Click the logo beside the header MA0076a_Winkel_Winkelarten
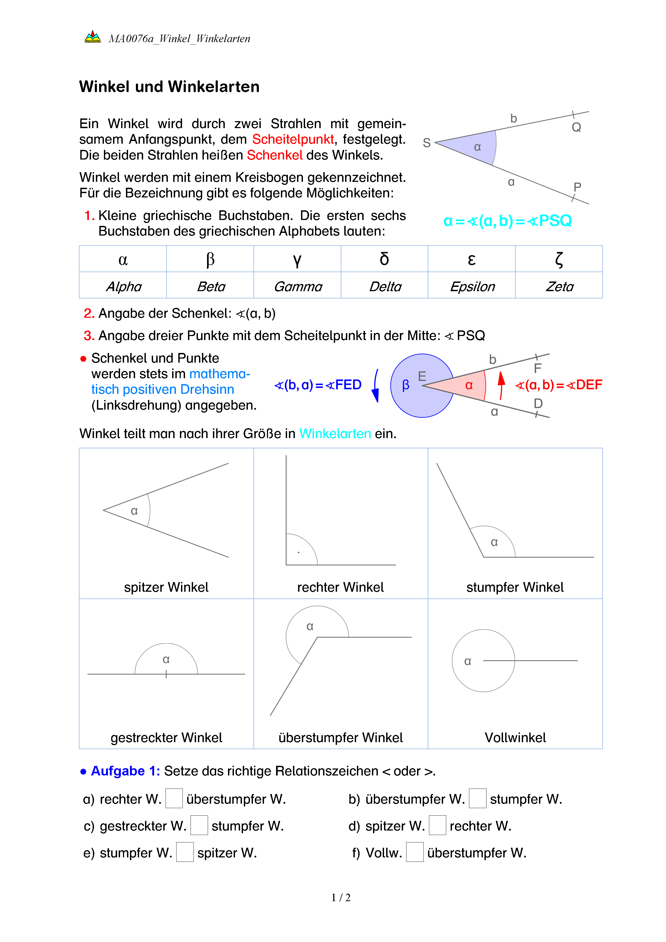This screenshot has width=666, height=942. [93, 37]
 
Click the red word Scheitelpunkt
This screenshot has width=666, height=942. [293, 139]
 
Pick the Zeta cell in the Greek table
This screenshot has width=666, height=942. [559, 286]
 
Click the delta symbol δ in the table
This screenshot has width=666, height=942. [384, 259]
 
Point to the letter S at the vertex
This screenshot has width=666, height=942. [426, 143]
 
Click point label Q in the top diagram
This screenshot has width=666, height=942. [576, 127]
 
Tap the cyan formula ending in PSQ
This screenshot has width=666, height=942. [507, 221]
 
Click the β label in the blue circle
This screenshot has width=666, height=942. [406, 385]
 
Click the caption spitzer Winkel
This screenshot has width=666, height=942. [166, 587]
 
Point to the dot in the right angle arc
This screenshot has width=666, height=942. [299, 553]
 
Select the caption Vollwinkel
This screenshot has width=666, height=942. [515, 738]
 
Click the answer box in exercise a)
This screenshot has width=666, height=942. [174, 798]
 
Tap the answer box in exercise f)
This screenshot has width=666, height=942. [415, 852]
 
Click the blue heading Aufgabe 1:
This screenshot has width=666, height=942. [125, 771]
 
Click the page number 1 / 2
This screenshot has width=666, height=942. [341, 898]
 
